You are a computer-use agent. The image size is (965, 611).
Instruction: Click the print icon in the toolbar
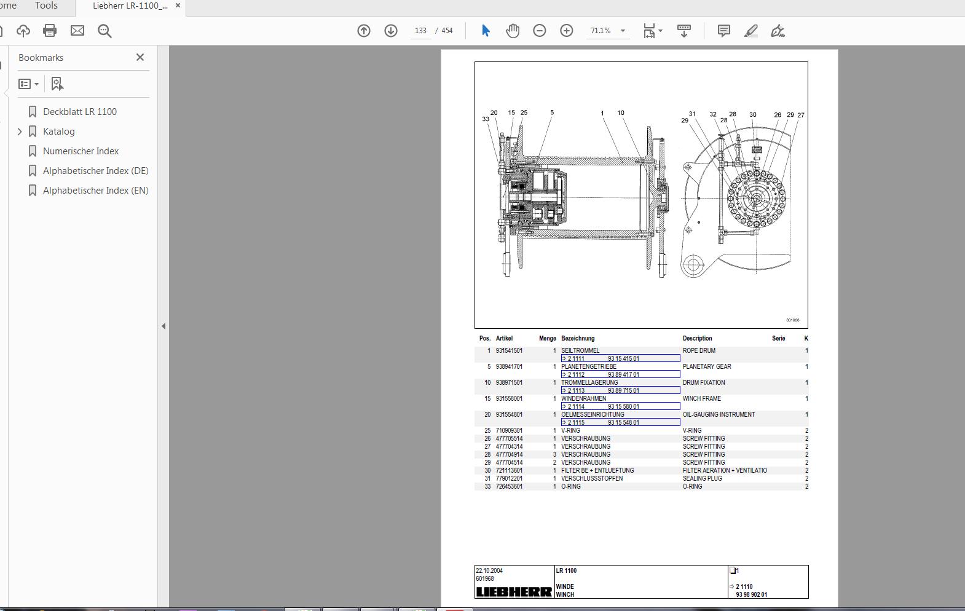pos(50,30)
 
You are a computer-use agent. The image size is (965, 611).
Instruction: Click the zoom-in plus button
pos(566,31)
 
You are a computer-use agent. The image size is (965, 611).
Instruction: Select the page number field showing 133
pos(420,31)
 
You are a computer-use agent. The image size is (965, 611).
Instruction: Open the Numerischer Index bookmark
pos(81,151)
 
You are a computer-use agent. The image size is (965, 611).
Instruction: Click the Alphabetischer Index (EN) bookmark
pos(95,190)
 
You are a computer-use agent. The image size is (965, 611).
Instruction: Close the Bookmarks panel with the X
pos(140,57)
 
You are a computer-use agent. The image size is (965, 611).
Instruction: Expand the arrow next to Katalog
pos(20,131)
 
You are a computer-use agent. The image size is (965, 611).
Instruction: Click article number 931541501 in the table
pos(509,350)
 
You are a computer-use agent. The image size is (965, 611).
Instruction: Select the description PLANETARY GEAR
pos(707,366)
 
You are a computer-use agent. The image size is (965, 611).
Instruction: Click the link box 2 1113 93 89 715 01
pos(620,390)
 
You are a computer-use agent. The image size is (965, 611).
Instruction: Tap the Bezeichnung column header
pos(577,338)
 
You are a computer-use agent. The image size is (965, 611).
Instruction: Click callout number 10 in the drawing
pos(621,112)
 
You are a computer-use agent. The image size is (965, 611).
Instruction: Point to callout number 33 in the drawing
pos(486,119)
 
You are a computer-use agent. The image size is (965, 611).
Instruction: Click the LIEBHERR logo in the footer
pos(514,592)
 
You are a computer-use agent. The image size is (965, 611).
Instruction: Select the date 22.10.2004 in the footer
pos(489,570)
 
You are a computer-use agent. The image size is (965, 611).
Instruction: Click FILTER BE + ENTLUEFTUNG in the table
pos(597,470)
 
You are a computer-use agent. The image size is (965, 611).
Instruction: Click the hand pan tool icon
pos(512,31)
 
